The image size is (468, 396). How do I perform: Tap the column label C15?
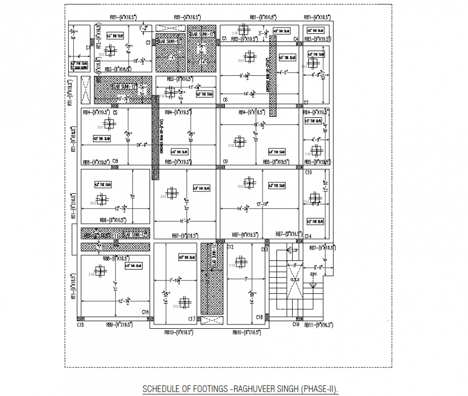(80, 325)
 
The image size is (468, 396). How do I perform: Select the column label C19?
(295, 325)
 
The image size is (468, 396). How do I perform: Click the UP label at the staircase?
(295, 251)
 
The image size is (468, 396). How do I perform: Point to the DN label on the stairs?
(313, 274)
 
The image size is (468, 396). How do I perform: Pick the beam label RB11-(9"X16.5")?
(318, 325)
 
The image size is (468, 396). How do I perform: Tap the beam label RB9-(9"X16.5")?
(119, 325)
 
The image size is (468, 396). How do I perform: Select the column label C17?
(192, 319)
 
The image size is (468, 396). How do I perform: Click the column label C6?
(225, 100)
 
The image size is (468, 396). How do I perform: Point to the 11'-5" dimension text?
(186, 221)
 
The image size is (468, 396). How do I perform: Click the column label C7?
(306, 102)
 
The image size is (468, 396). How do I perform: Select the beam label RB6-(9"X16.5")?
(112, 220)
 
